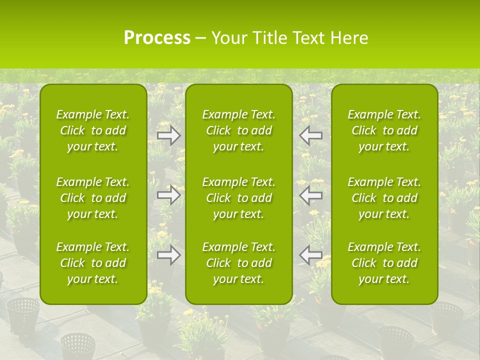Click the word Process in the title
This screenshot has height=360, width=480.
pos(157,38)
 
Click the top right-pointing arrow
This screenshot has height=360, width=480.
pos(168,135)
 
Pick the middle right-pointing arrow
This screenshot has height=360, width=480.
pos(168,195)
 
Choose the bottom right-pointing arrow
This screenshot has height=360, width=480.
pos(168,255)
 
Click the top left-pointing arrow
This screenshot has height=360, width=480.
pos(311,135)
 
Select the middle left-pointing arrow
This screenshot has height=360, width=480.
pos(311,195)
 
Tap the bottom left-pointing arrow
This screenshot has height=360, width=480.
pos(311,255)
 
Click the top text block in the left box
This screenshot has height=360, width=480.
pos(93,130)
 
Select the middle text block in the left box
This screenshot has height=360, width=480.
pos(93,198)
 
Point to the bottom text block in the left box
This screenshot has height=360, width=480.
pos(93,263)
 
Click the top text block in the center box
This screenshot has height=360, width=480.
pos(239,130)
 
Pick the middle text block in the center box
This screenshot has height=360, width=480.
pos(239,198)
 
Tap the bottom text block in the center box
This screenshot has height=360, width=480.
pos(239,263)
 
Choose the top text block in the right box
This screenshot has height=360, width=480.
pos(384,130)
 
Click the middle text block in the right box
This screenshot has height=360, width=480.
pos(384,198)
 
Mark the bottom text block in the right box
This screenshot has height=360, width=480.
pos(384,263)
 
